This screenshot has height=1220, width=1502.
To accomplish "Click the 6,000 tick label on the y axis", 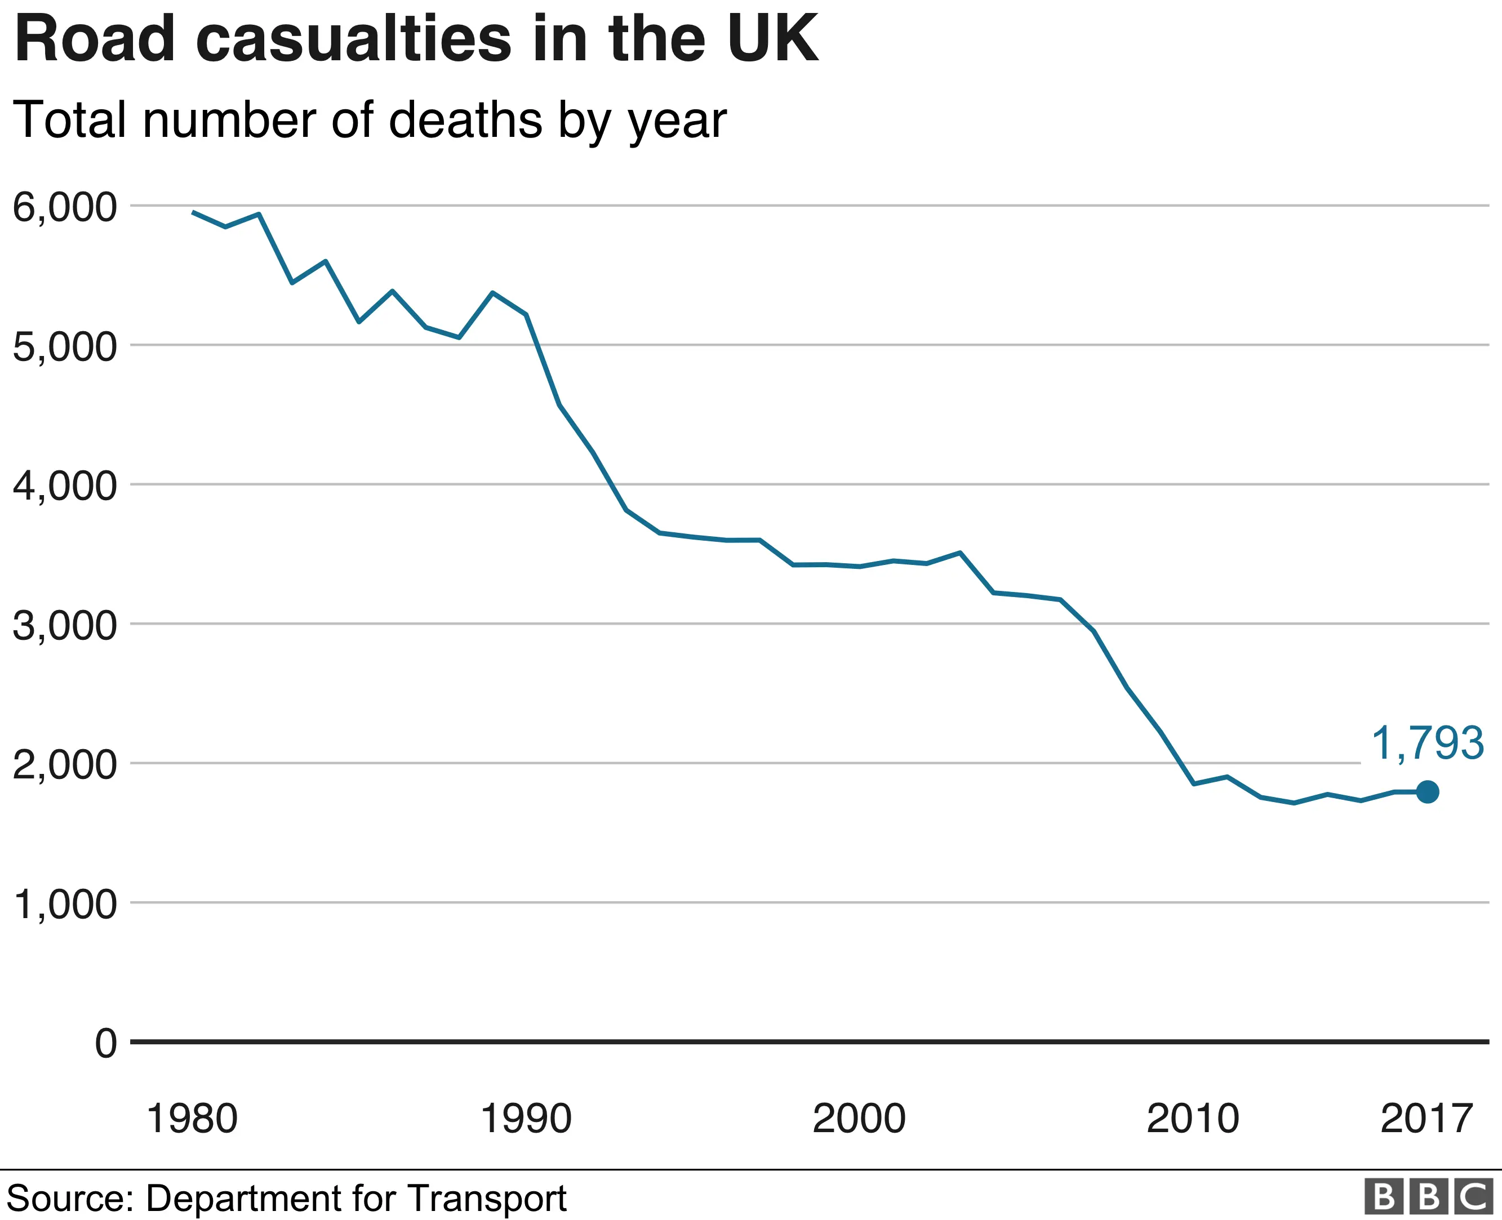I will tap(65, 208).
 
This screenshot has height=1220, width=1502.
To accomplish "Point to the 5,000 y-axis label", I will tap(65, 347).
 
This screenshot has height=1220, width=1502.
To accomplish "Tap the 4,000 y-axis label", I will tap(65, 486).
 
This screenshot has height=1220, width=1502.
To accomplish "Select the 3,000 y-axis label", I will tap(65, 625).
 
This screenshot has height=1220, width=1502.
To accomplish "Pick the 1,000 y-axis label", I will tap(65, 905).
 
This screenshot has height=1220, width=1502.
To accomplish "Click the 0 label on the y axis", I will tap(106, 1044).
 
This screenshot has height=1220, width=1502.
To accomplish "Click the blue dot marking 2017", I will tap(1427, 792).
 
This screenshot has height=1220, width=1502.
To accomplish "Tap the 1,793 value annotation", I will tap(1428, 743).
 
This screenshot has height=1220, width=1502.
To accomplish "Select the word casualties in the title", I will tap(358, 39).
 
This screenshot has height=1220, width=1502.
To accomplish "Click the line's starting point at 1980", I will tap(193, 212).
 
